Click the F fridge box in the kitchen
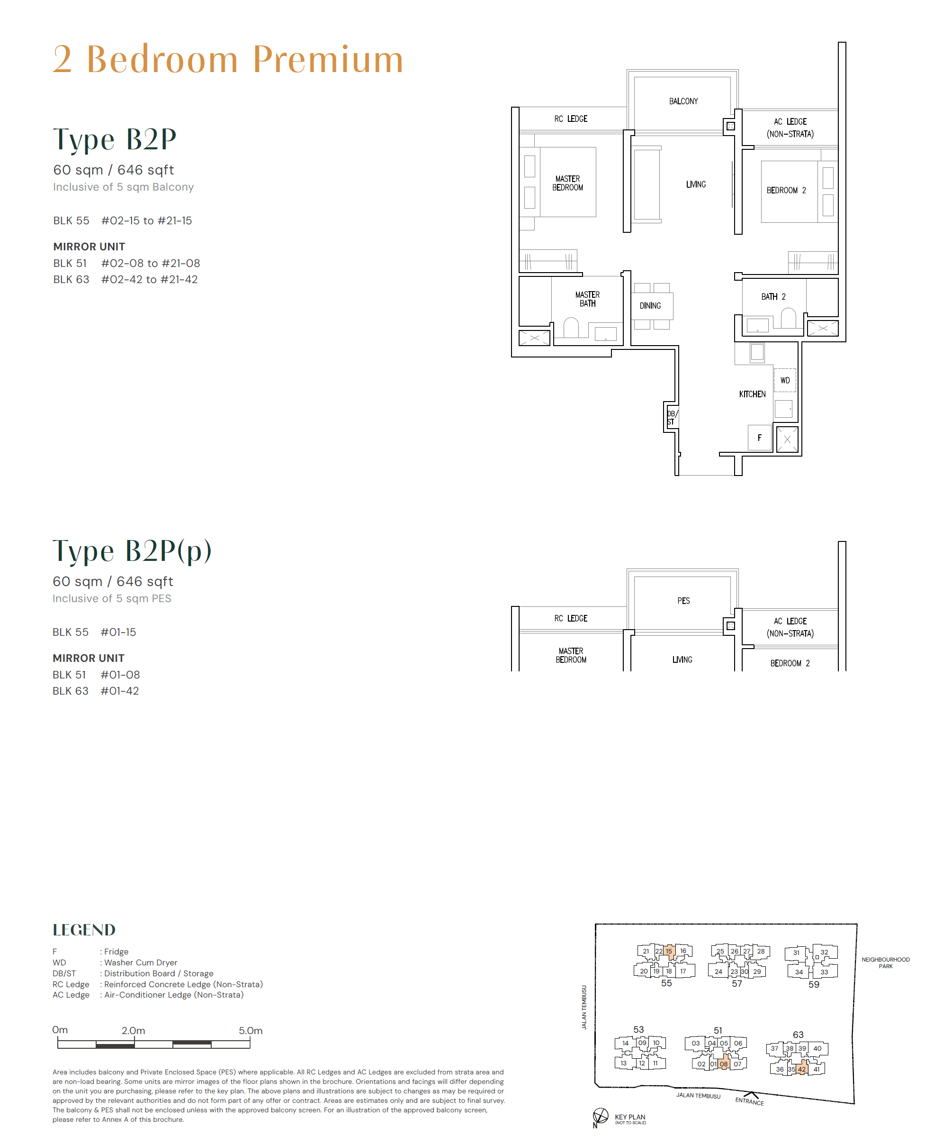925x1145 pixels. [x=759, y=438]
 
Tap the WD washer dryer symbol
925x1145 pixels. [x=785, y=380]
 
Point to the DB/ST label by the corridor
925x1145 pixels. [x=671, y=418]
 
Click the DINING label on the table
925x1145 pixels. [x=650, y=306]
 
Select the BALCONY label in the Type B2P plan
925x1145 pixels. [x=683, y=101]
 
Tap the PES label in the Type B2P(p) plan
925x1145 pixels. [x=683, y=601]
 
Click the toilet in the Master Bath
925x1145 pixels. [x=571, y=328]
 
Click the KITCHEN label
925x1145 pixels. [x=752, y=394]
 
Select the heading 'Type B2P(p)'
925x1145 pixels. [x=132, y=551]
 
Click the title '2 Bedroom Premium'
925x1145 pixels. [x=228, y=59]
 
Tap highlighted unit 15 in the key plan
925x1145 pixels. [x=669, y=951]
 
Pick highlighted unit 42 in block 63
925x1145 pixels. [x=801, y=1069]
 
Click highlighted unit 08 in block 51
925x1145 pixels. [x=723, y=1064]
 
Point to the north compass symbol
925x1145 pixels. [x=601, y=1115]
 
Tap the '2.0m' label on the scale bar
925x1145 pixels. [x=133, y=1030]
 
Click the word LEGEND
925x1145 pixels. [x=84, y=930]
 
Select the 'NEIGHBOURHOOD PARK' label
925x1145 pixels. [x=885, y=962]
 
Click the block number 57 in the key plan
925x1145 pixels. [x=736, y=983]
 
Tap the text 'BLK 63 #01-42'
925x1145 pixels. [x=95, y=691]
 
